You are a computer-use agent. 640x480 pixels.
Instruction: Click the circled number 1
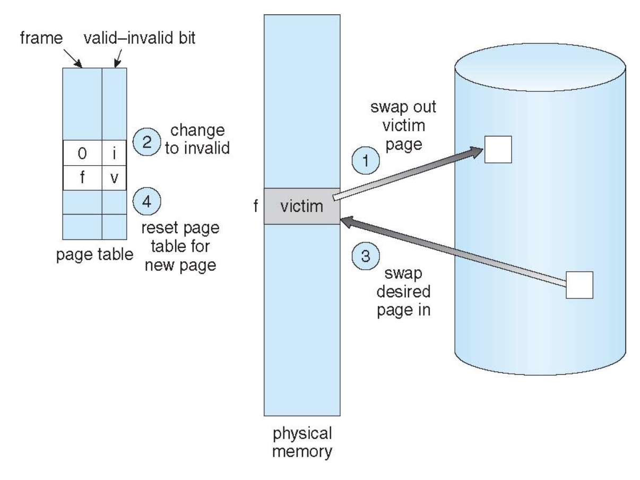[366, 159]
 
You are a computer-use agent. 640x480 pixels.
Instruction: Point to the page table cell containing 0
[82, 154]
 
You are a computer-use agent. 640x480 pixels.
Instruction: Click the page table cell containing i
[114, 154]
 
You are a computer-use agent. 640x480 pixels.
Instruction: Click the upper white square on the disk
[498, 149]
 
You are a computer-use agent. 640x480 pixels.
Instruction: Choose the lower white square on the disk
[580, 285]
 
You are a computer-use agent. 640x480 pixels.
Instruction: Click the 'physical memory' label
[302, 444]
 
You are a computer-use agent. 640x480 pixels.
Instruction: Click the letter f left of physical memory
[256, 206]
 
